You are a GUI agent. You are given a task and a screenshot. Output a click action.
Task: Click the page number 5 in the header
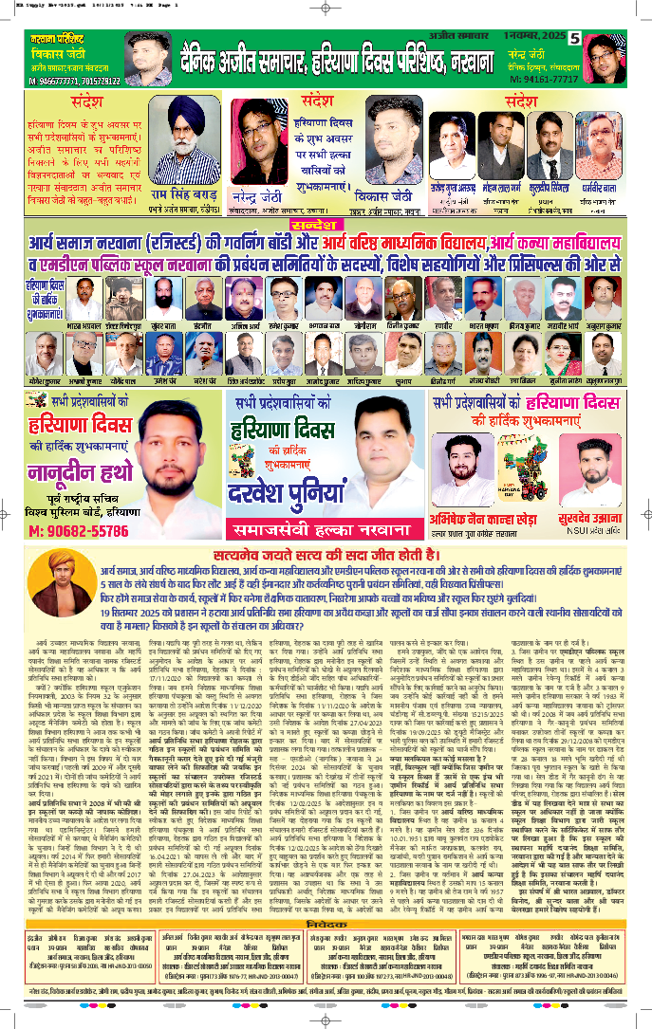(575, 39)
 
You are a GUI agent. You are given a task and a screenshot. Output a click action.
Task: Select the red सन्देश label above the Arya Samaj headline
(326, 227)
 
